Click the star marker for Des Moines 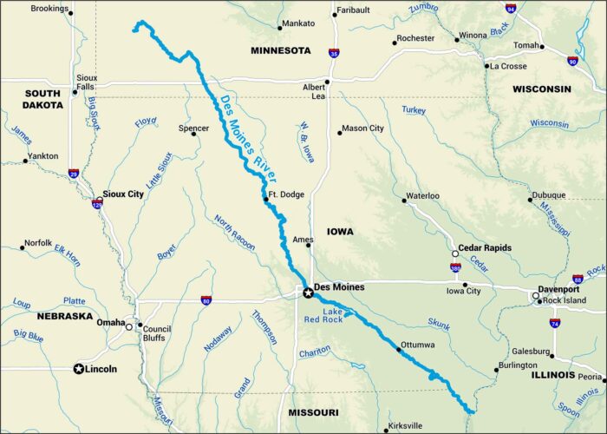(x=308, y=293)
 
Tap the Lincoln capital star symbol (x=79, y=368)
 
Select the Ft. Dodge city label (x=286, y=194)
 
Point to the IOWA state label (x=339, y=232)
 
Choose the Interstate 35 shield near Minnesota (x=334, y=53)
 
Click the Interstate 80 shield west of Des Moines (x=206, y=301)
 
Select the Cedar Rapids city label (x=489, y=247)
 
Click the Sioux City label (x=123, y=194)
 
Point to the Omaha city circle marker (x=129, y=326)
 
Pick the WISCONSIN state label (x=541, y=89)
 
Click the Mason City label (x=362, y=128)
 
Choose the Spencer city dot (x=193, y=134)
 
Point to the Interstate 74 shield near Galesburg (x=555, y=323)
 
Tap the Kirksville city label (x=405, y=425)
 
